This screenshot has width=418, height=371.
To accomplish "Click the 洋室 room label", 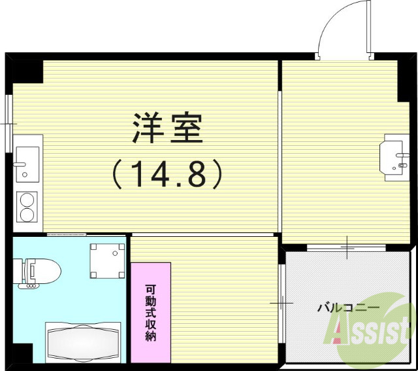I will tap(167, 128).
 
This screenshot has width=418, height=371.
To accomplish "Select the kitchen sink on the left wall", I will tap(27, 162).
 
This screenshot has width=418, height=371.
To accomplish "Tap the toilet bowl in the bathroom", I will tap(47, 269).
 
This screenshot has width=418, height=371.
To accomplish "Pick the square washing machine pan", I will tap(107, 260).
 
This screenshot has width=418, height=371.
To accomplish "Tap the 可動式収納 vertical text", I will tap(151, 313).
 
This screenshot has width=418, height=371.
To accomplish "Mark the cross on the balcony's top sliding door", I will tap(347, 247).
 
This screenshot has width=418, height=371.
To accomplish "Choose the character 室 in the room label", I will tap(187, 128).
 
